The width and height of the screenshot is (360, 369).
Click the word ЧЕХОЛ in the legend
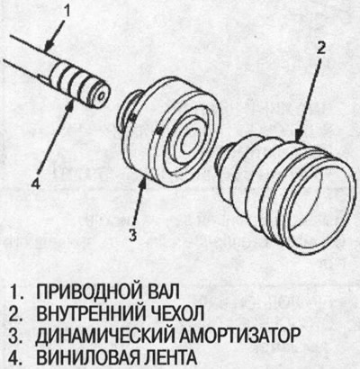point(182,313)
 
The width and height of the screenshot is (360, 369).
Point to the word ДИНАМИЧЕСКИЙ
point(103,335)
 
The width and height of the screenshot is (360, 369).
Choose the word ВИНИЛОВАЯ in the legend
point(85,356)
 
